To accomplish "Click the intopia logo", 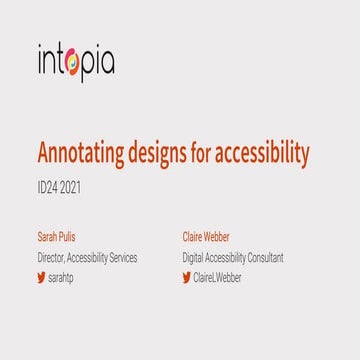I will click(x=76, y=62).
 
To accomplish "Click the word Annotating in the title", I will click(x=82, y=153).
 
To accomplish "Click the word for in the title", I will click(x=208, y=153).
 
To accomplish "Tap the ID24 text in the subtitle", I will click(x=50, y=185).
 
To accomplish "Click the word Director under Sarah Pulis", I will click(x=50, y=257).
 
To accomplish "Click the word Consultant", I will click(x=262, y=257).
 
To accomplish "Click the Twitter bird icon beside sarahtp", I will click(x=41, y=277).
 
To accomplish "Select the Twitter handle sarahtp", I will click(x=62, y=277).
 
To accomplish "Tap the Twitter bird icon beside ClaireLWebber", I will click(x=186, y=277).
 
